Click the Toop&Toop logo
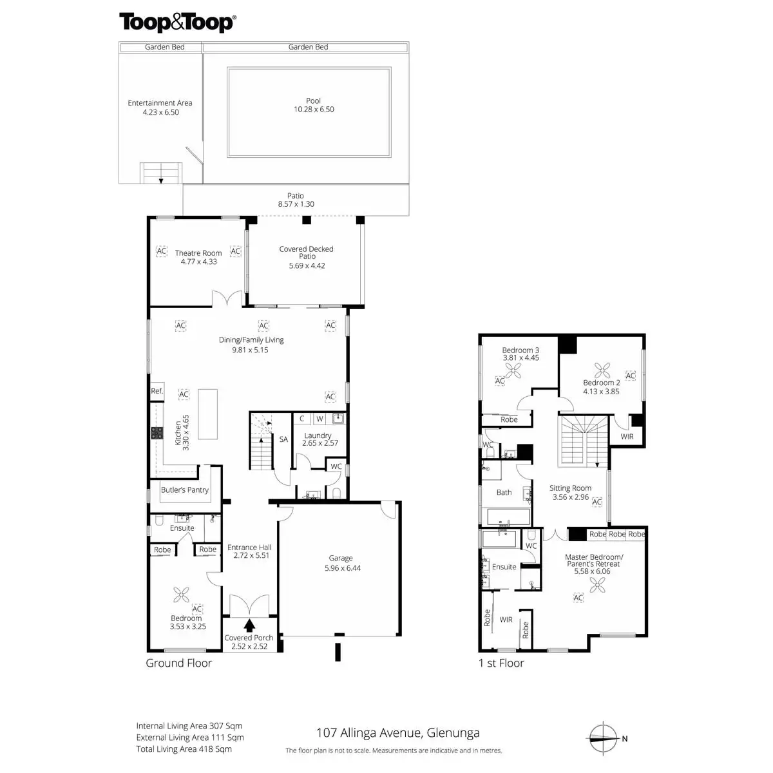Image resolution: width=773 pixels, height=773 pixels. coord(177,23)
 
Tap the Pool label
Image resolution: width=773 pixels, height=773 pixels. coord(314,100)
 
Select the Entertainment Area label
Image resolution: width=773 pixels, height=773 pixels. coord(160,103)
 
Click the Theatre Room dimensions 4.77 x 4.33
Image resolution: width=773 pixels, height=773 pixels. coord(198,262)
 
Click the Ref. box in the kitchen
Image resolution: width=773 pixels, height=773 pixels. coord(157,391)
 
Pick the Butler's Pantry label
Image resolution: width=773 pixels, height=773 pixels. coord(185,490)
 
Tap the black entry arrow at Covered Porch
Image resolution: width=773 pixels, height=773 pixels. coord(249,624)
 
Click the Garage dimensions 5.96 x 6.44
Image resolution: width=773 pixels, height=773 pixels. coord(341,568)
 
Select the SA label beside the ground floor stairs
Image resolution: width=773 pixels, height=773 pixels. coord(283,440)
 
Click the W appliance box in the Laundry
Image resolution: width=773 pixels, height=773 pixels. coord(320,419)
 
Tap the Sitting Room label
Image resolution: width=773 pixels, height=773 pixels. coord(570,488)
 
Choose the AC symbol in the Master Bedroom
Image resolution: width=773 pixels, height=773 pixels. coord(578,598)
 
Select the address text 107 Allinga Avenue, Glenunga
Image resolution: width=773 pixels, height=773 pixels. coord(397,733)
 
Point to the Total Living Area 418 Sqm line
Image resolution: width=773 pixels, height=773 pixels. coord(184,749)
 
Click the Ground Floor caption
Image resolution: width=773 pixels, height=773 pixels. coord(178,663)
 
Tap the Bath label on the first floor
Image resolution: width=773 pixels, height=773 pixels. coord(504,493)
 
